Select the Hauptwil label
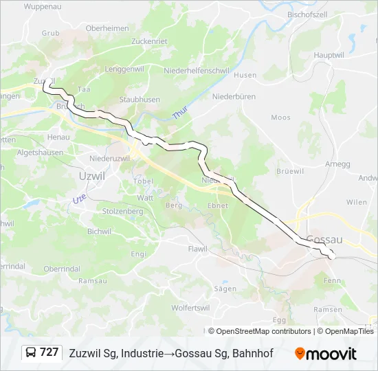pyautogui.click(x=329, y=54)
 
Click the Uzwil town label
pyautogui.click(x=92, y=176)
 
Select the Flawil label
pyautogui.click(x=198, y=248)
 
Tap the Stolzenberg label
pyautogui.click(x=122, y=212)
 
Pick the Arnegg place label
pyautogui.click(x=337, y=164)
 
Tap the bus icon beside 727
pyautogui.click(x=31, y=352)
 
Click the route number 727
pyautogui.click(x=49, y=352)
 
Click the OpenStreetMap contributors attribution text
pyautogui.click(x=264, y=331)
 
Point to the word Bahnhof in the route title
pyautogui.click(x=253, y=353)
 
